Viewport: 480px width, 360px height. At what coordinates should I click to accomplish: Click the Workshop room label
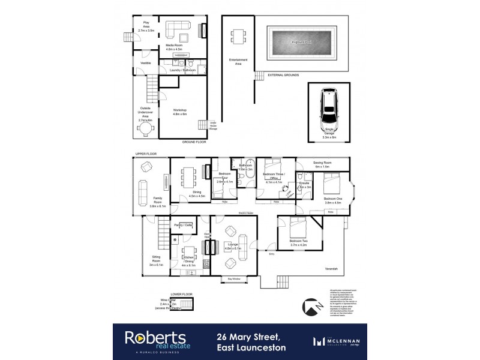pos(180,112)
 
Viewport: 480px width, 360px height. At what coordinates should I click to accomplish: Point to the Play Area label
pos(145,25)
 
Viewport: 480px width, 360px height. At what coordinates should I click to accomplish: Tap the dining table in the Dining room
pos(189,178)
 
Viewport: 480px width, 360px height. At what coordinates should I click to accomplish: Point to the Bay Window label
pos(235,278)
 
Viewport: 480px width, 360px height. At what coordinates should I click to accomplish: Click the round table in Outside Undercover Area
pos(146,128)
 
